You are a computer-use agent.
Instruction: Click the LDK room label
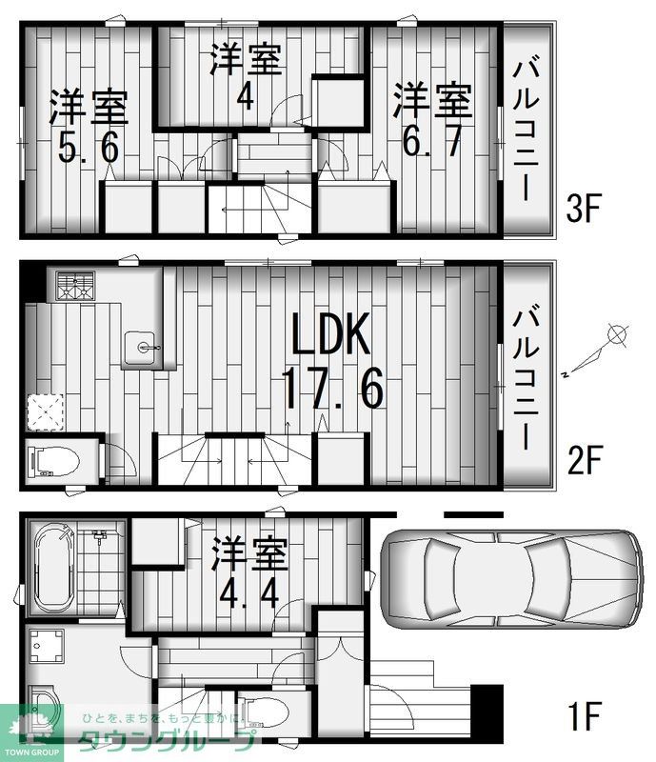point(329,337)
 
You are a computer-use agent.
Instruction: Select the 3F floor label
point(582,209)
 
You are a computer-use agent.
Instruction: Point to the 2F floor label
point(583,461)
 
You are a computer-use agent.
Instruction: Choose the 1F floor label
point(583,715)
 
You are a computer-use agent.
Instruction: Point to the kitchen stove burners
point(75,286)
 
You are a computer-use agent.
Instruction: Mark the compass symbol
point(617,335)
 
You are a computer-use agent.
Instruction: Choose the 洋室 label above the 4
point(246,60)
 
